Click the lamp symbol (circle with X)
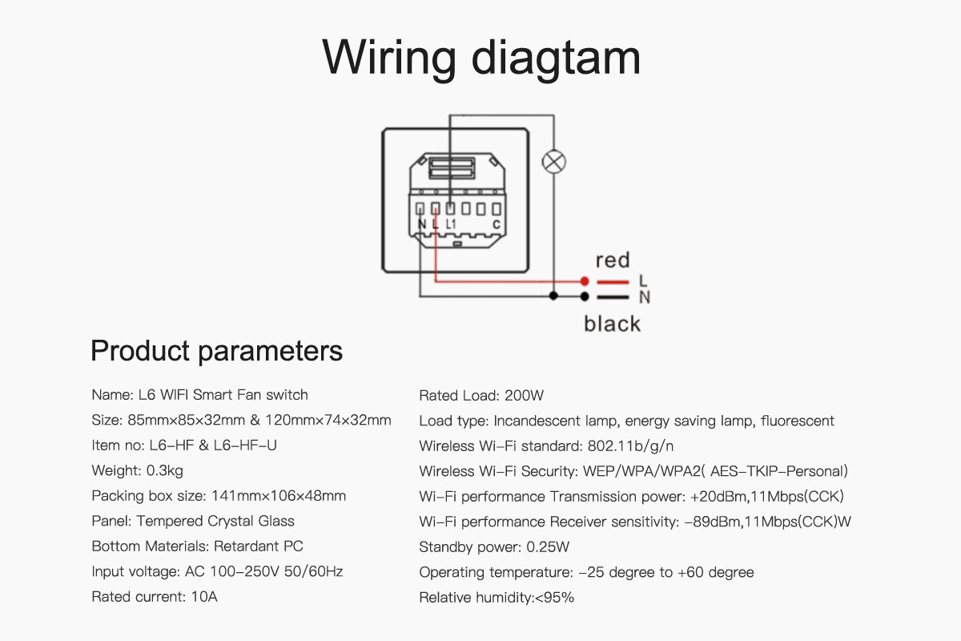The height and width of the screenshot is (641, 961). coord(554,162)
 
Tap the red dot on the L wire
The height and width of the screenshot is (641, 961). coord(585,281)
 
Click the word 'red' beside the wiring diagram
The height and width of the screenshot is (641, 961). coord(613,260)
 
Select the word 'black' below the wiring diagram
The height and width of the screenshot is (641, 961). coord(612,323)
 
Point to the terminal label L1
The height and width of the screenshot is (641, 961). coord(450,224)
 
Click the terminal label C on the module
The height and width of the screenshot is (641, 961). coord(497,224)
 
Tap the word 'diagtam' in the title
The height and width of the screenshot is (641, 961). coord(556,58)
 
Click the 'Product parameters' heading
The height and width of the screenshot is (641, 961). coord(217,351)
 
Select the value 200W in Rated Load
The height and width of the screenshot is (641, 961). coord(524,395)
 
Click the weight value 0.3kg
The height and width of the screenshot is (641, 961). coord(165,470)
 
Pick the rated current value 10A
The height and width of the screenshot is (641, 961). coord(204,596)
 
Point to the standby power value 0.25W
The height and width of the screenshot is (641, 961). coord(548,546)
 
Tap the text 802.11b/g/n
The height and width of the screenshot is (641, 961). coord(631,445)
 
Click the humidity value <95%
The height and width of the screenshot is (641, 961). coord(554,597)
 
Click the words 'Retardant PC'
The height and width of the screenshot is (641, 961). coord(258,546)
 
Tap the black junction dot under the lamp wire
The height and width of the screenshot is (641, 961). coord(553,296)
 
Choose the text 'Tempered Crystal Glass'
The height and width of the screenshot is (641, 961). coord(215,522)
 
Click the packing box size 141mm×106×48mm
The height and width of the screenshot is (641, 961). coord(279,495)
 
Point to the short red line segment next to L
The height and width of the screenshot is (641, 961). coord(613,282)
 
